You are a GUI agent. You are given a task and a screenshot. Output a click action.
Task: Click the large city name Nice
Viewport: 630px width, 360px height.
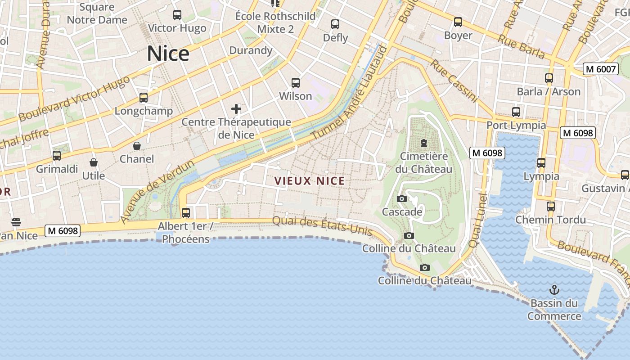point(168,54)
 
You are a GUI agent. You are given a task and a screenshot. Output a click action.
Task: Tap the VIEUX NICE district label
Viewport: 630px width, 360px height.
point(310,181)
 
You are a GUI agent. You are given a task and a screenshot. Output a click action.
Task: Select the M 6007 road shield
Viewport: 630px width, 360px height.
point(600,69)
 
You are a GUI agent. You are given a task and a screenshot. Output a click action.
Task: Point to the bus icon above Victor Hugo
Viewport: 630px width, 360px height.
point(177,15)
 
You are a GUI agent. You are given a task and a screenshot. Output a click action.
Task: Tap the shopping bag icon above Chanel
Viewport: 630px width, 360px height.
point(137,146)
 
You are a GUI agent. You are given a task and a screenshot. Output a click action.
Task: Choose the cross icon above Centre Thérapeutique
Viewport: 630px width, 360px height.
point(236,109)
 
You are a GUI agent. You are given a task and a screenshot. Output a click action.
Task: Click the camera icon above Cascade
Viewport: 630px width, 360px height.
point(402,198)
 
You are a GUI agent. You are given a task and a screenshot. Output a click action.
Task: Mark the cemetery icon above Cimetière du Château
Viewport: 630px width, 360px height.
point(423,143)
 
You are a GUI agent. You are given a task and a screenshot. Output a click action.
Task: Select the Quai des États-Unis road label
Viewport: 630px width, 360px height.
point(323,226)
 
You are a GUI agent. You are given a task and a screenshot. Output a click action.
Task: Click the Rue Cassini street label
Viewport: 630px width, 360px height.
point(453,81)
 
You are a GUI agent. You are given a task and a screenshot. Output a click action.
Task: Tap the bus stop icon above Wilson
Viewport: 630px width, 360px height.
point(296,83)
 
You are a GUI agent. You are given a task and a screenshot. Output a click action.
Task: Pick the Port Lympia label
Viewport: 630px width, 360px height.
point(516,125)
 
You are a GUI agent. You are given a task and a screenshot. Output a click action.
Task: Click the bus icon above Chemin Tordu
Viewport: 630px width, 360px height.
point(551,207)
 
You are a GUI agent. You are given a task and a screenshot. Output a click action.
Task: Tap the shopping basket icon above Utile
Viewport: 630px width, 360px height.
point(94,162)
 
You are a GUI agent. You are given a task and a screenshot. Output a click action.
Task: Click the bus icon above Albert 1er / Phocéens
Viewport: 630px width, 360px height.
point(186,212)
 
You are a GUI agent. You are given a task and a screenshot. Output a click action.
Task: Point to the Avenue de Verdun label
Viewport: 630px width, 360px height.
point(157,192)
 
